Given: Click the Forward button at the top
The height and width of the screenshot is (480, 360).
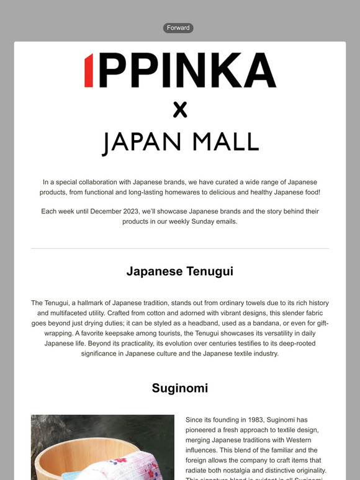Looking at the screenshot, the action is [x=178, y=28].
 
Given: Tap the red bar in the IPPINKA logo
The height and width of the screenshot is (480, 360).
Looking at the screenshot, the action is [x=89, y=70].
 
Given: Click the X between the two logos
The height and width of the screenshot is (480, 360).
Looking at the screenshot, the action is [x=179, y=110].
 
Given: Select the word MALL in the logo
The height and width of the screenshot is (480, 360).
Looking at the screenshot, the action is [x=225, y=142].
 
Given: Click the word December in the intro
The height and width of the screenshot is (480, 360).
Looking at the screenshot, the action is [x=109, y=211].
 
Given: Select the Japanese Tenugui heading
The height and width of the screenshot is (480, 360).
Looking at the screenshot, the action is [x=180, y=271].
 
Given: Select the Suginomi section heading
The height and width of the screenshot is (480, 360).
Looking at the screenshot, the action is [x=180, y=388].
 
